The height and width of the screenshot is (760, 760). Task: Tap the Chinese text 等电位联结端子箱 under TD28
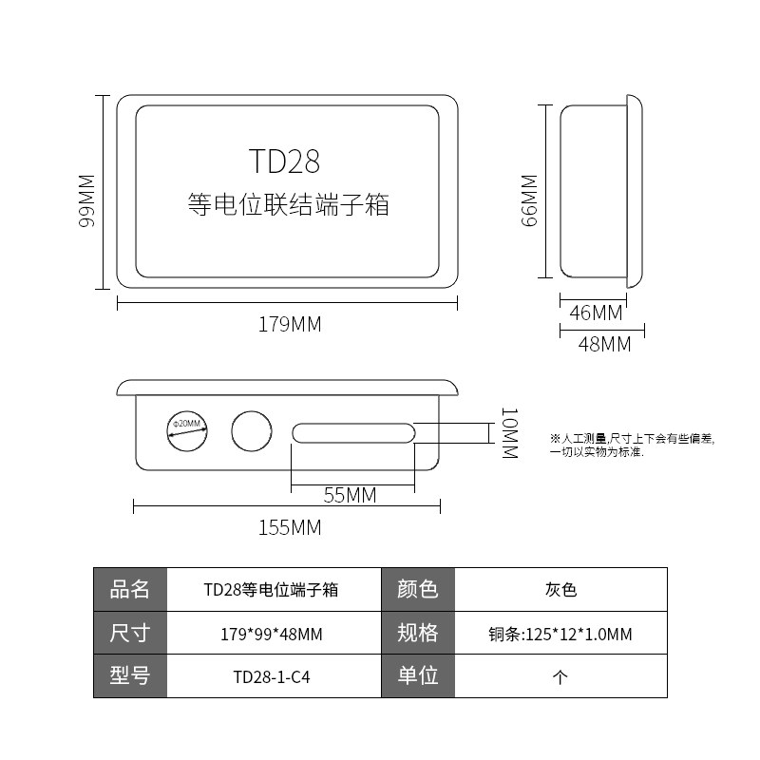tap(288, 204)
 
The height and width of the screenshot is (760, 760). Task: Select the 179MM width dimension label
tap(290, 324)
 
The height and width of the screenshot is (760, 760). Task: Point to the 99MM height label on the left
tap(86, 199)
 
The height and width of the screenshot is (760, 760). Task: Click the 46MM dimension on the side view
tap(596, 313)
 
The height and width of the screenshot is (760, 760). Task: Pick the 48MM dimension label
tap(604, 345)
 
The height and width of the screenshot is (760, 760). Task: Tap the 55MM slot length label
tap(350, 495)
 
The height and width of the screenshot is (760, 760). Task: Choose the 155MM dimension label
tap(290, 527)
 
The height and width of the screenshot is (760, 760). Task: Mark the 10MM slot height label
tap(509, 433)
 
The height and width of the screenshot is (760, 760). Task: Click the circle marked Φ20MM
tap(187, 432)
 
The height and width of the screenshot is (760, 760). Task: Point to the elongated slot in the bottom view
tap(352, 433)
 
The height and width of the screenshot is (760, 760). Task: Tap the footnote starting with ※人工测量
tap(631, 446)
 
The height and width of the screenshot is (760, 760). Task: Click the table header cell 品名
tap(130, 590)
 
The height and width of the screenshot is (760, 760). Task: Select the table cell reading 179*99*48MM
tap(272, 634)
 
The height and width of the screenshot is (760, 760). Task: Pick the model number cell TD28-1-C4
tap(272, 677)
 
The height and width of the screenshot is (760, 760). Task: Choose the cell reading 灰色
tap(560, 590)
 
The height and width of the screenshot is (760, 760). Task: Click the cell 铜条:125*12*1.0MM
tap(560, 634)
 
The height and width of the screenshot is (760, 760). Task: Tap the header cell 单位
tap(417, 677)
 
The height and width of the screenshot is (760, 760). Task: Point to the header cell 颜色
tap(417, 590)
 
